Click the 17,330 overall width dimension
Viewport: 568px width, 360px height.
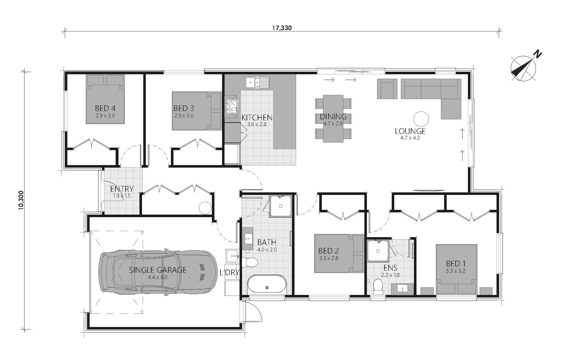tap(281, 28)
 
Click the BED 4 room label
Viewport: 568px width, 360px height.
tap(105, 109)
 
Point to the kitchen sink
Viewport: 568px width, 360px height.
tap(257, 82)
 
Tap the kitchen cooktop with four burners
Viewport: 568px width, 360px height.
tap(232, 106)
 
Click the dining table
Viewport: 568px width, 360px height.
tap(333, 118)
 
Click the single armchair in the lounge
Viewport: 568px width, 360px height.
tap(387, 89)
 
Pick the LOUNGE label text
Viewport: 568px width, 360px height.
tap(410, 131)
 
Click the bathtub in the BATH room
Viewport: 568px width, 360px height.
tap(267, 285)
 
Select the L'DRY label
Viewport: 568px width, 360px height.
tap(229, 273)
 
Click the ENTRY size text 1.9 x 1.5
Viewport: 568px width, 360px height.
tap(122, 196)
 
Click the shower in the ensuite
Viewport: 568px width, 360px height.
tap(378, 251)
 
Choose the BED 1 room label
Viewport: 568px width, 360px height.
tap(456, 263)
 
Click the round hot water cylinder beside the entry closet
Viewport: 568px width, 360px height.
tap(205, 208)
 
